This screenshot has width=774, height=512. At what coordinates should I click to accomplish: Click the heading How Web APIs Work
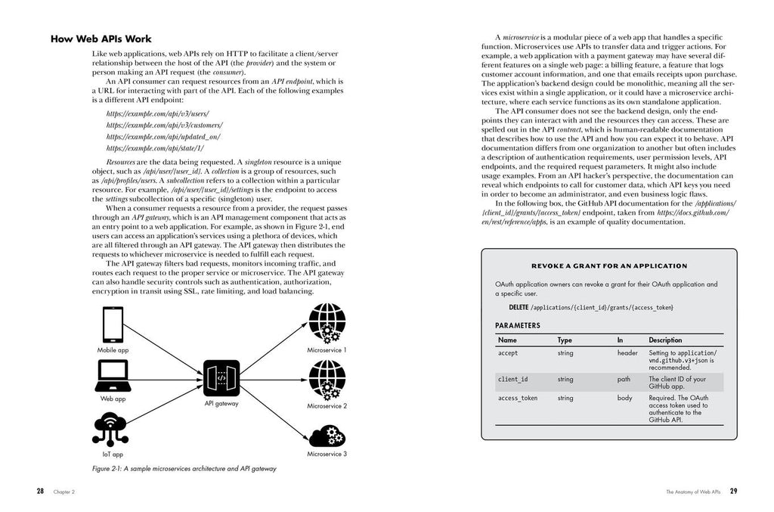pyautogui.click(x=101, y=39)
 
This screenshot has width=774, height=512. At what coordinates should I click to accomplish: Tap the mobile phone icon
pyautogui.click(x=112, y=324)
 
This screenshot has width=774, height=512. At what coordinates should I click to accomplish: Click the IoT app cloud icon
pyautogui.click(x=112, y=428)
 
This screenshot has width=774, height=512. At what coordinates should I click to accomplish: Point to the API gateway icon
pyautogui.click(x=221, y=377)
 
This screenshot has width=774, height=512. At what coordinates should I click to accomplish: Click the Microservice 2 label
pyautogui.click(x=327, y=406)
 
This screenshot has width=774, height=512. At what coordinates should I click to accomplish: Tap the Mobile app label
pyautogui.click(x=113, y=350)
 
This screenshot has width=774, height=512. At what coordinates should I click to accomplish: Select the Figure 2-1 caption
pyautogui.click(x=184, y=469)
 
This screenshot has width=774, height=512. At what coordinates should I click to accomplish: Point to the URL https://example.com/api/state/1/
pyautogui.click(x=155, y=148)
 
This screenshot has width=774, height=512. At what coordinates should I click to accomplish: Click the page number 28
pyautogui.click(x=40, y=491)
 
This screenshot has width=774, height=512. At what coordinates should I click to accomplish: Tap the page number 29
pyautogui.click(x=733, y=491)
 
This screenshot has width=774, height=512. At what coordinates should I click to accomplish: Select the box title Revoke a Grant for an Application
pyautogui.click(x=609, y=265)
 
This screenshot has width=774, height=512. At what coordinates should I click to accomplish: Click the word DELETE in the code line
pyautogui.click(x=519, y=308)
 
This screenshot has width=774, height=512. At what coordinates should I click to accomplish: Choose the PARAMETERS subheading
pyautogui.click(x=518, y=325)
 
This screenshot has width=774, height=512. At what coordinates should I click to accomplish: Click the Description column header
pyautogui.click(x=664, y=340)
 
